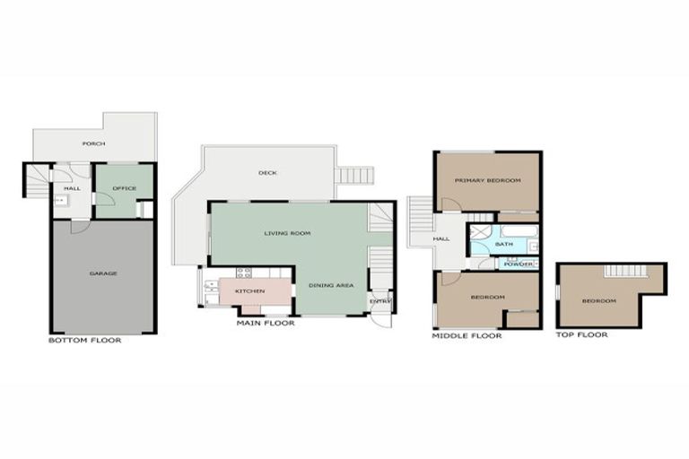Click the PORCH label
pos(92,143)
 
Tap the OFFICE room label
pos(124,188)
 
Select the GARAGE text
pos(103,273)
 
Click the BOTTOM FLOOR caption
pos(84,341)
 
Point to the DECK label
pos(266,173)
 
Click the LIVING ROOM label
pos(287,233)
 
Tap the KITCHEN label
pos(249,291)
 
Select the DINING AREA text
pos(331,285)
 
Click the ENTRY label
pos(380,301)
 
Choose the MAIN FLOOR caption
pos(265,323)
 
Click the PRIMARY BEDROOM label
pos(487,181)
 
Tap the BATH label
pos(503,244)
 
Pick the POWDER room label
pos(519,264)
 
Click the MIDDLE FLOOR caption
pos(467,336)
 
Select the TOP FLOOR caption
pos(581,335)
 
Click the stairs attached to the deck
pos(353,175)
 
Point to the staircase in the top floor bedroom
pos(619,271)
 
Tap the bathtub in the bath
pos(519,230)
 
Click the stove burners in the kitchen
pos(243,273)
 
